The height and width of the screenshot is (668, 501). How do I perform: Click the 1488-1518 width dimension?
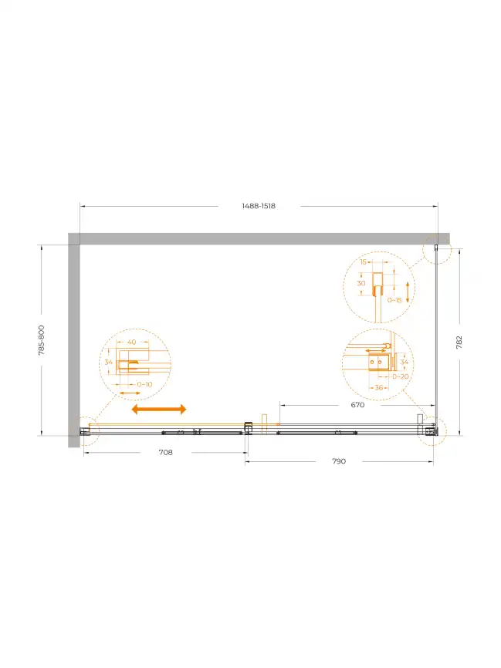point(259,206)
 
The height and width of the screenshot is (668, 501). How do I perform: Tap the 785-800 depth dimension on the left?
point(42,340)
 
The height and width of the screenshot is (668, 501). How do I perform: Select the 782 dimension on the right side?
point(459,342)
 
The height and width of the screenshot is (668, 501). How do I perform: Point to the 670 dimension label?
point(357,405)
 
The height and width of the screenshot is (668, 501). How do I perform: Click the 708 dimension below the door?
point(165,453)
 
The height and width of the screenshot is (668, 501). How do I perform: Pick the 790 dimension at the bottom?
point(339,461)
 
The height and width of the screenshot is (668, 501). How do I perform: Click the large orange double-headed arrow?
point(159,410)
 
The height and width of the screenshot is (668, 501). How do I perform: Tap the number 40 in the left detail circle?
point(132,342)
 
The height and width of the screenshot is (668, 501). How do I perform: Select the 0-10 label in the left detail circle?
point(144,384)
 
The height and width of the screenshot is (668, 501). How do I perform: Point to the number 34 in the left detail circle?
point(109,363)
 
